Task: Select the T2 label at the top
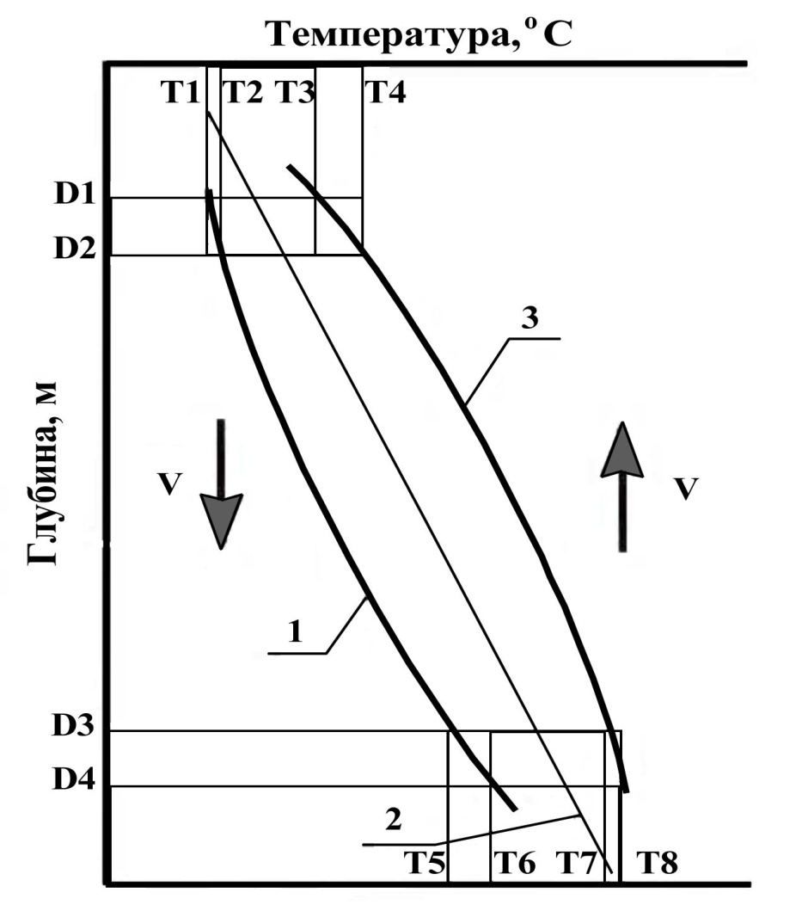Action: tap(242, 91)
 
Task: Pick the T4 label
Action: tap(386, 91)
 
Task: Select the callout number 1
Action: tap(294, 634)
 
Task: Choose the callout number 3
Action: tap(530, 318)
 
